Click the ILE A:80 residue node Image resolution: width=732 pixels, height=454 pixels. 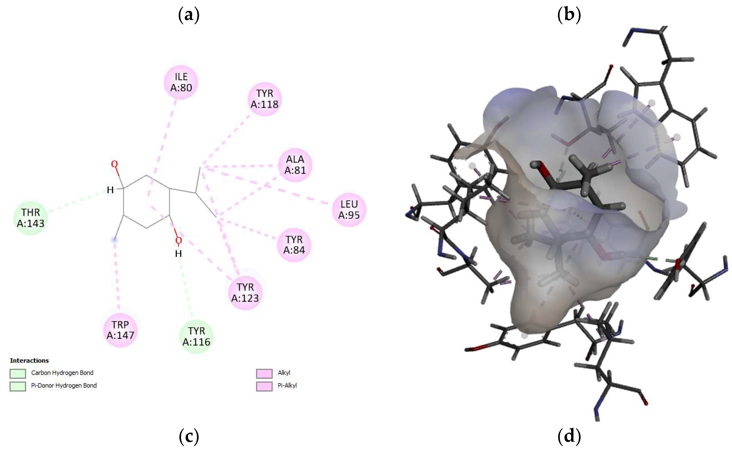tap(181, 82)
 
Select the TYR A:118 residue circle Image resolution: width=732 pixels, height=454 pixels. tap(264, 99)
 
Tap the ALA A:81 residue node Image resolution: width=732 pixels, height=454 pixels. tap(295, 165)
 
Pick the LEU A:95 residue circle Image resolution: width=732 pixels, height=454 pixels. tap(349, 210)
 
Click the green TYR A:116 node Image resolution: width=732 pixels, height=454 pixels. tap(196, 336)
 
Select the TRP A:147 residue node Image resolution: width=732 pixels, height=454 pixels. tap(120, 330)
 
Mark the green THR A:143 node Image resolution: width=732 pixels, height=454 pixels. tap(31, 218)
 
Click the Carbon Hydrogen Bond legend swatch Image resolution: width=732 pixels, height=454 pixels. tap(18, 373)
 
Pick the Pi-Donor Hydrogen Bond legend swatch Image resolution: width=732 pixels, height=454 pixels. tap(18, 386)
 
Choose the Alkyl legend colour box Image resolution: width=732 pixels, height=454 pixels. tap(264, 373)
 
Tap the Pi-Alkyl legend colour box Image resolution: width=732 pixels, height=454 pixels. tap(264, 386)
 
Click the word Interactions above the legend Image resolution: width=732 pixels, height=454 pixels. tap(29, 360)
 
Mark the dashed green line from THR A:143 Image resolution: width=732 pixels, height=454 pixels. tap(76, 201)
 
